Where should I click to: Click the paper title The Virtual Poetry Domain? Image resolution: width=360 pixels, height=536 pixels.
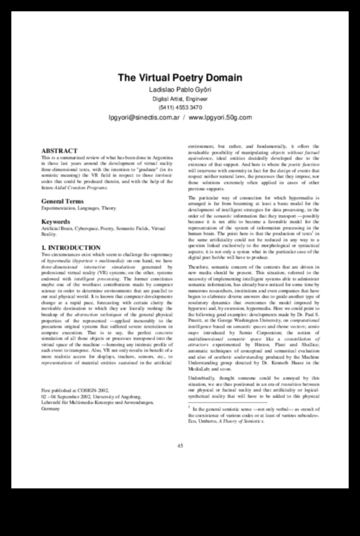tap(180, 78)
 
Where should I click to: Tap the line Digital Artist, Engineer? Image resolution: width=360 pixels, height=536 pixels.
tap(180, 99)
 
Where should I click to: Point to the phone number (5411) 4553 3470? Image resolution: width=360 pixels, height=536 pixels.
tap(180, 107)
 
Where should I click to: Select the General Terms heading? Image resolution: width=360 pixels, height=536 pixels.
tap(62, 202)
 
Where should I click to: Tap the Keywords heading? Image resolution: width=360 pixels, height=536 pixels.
tap(56, 222)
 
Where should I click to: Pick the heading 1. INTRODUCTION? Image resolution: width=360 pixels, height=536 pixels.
tap(71, 248)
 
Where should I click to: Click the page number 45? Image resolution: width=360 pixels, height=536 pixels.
tap(180, 445)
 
